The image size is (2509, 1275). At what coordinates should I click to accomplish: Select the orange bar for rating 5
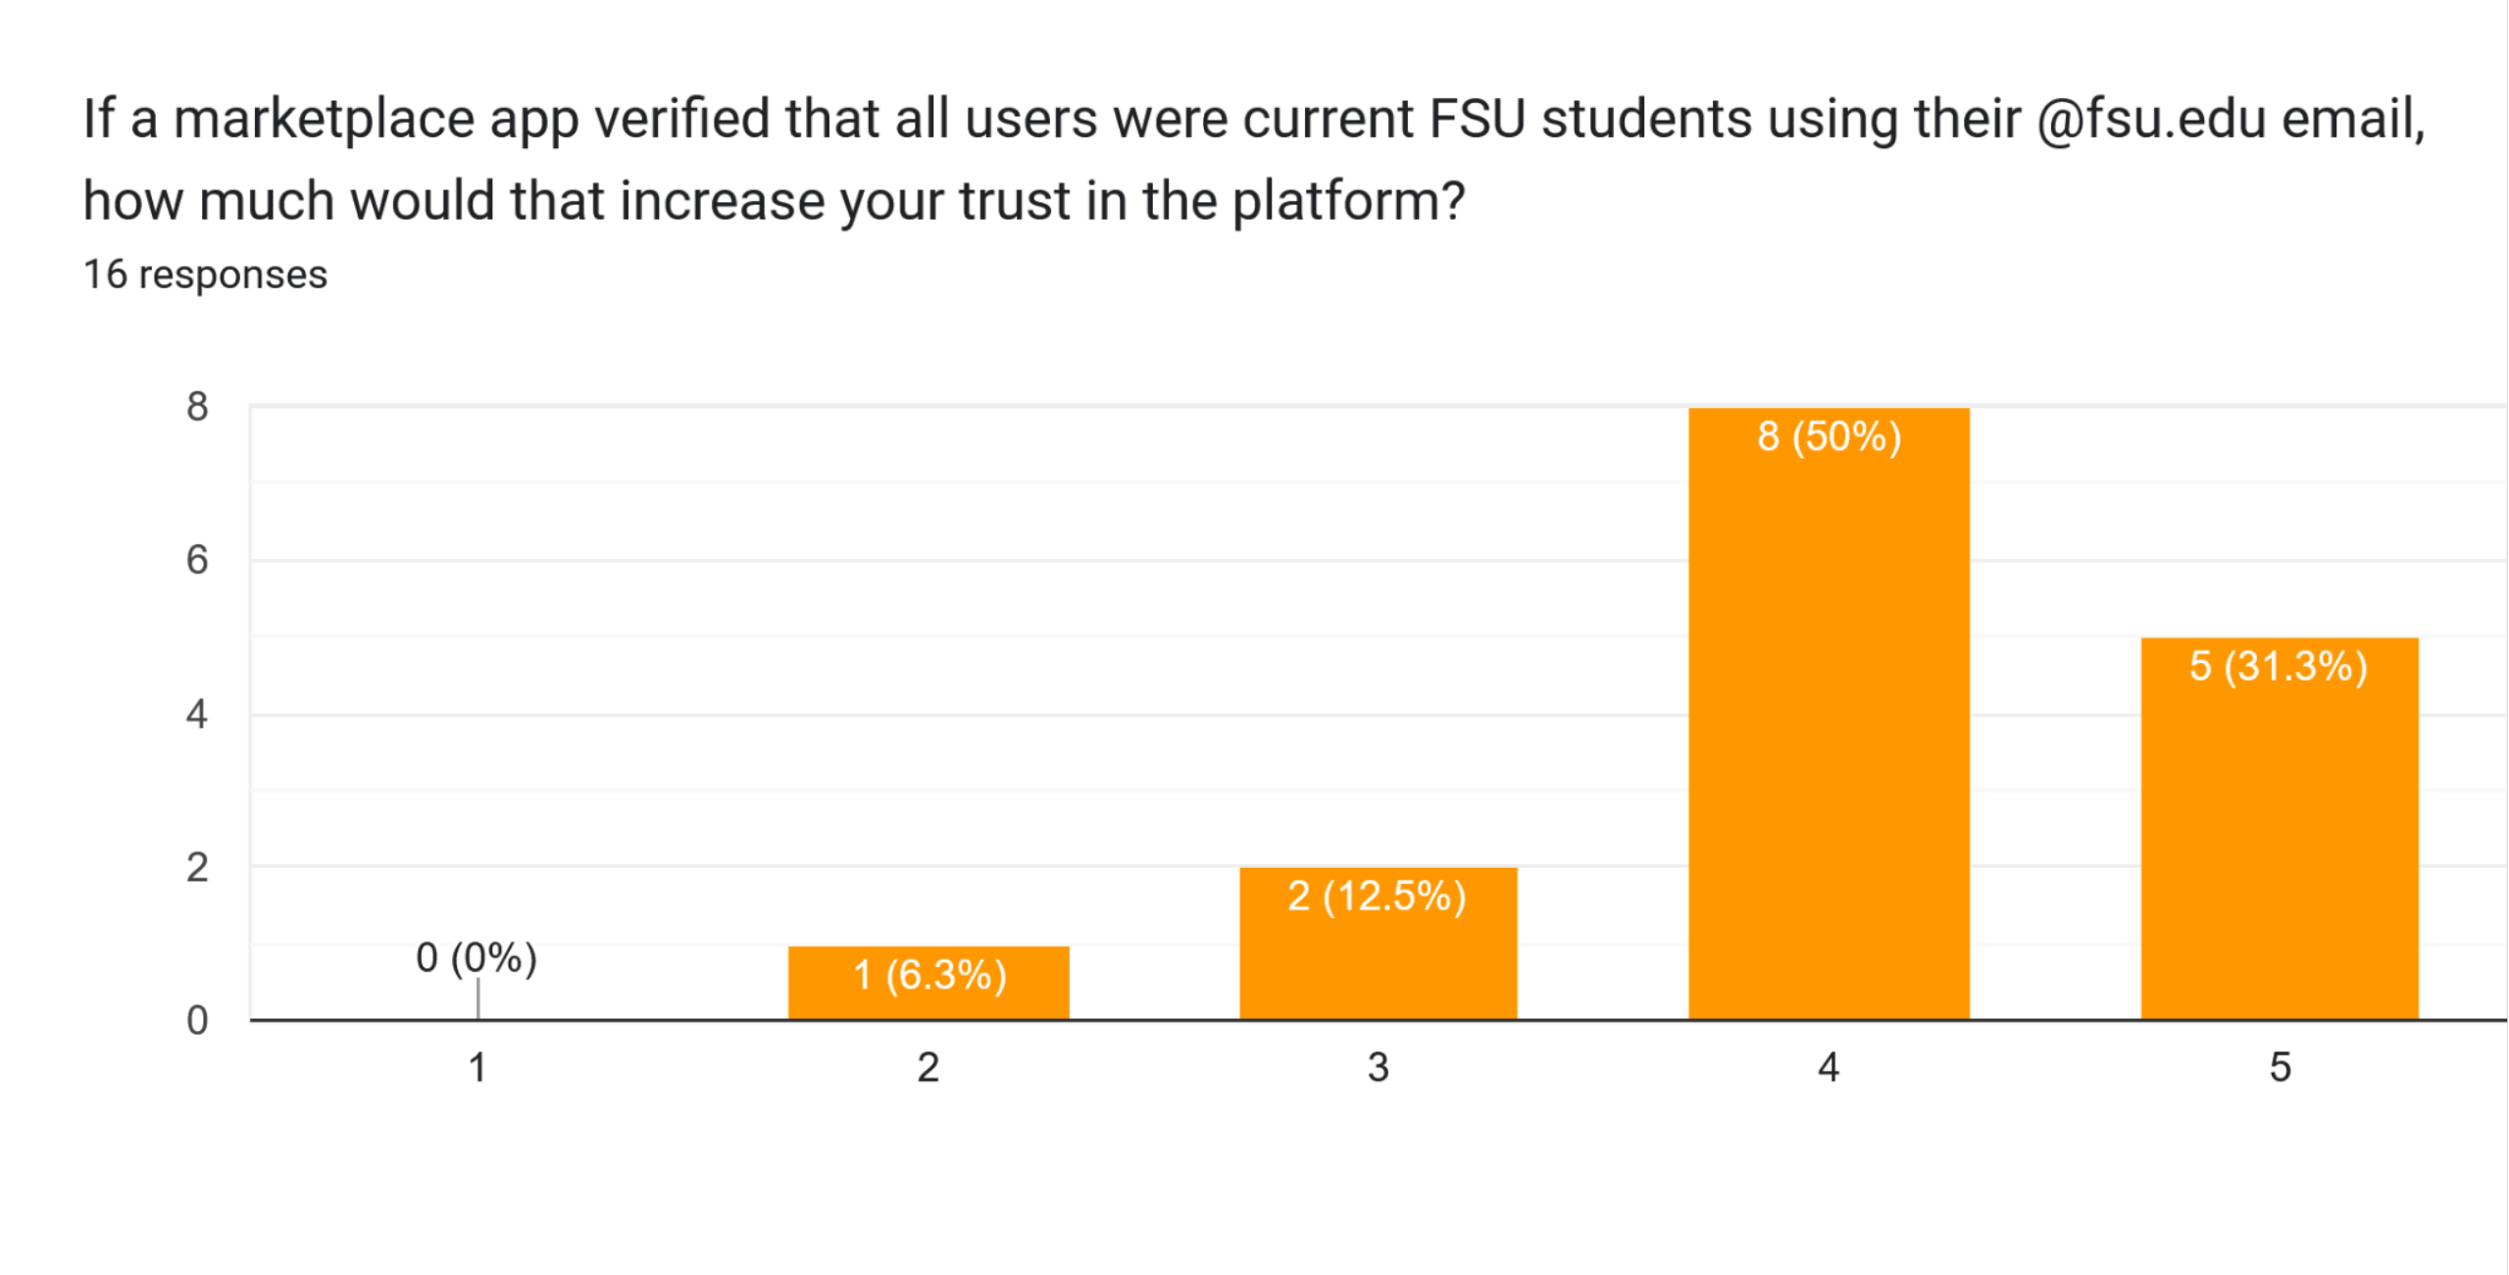2280,853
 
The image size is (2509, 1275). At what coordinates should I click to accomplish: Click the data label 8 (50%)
1829,436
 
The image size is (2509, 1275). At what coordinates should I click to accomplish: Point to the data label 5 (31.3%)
2279,667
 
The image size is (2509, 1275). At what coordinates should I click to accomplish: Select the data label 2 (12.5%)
1377,896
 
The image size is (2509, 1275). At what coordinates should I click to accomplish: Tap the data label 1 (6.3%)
929,975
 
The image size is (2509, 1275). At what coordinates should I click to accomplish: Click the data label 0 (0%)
477,957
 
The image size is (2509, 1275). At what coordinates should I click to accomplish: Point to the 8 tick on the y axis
197,406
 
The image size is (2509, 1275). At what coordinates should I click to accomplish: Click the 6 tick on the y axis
197,560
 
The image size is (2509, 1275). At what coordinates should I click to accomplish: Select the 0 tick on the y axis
197,1020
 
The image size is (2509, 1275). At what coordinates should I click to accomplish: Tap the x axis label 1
477,1067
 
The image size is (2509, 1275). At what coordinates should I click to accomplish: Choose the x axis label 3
1378,1067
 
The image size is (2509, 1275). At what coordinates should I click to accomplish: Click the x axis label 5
2280,1067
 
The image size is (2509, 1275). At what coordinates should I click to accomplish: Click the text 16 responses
205,275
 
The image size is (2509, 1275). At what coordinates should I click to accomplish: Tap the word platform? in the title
1348,202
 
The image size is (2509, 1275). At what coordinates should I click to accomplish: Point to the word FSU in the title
1477,120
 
